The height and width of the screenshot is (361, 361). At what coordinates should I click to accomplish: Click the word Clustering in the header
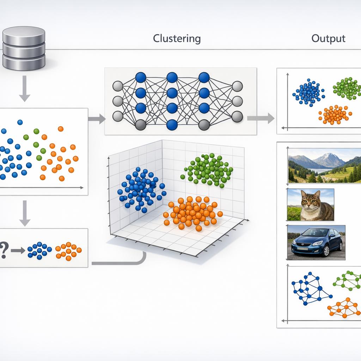[x=177, y=38]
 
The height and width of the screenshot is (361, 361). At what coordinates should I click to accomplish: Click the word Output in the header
[x=328, y=38]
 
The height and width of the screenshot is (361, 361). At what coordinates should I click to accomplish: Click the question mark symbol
[x=4, y=250]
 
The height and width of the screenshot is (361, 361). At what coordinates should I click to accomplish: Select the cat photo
[x=311, y=204]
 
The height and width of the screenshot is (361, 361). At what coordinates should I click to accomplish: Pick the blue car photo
[x=316, y=243]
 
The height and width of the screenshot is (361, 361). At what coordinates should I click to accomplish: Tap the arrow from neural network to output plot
[x=261, y=118]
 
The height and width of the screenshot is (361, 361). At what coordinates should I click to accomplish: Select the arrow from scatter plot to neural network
[x=97, y=119]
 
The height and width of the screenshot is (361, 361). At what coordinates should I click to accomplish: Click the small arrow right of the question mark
[x=18, y=251]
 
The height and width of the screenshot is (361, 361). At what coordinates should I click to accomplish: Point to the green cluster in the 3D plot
[x=208, y=169]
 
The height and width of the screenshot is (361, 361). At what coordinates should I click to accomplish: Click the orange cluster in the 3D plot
[x=192, y=212]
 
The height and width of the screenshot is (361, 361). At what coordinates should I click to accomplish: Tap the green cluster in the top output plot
[x=347, y=88]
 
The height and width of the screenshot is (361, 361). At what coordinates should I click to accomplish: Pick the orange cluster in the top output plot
[x=335, y=115]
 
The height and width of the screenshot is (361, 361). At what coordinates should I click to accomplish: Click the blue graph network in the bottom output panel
[x=310, y=288]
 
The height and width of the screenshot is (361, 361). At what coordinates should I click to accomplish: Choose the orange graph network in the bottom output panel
[x=345, y=308]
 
